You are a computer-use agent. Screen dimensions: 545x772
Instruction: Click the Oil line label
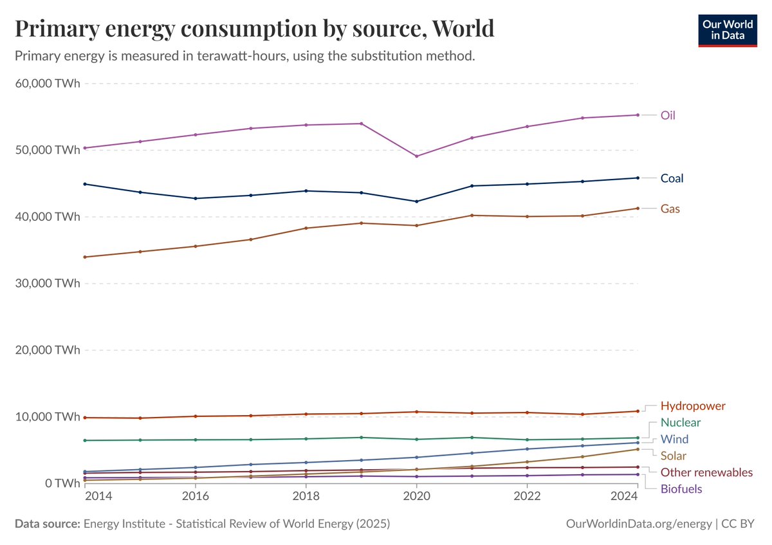pyautogui.click(x=668, y=115)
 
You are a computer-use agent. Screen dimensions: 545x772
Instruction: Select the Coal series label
pyautogui.click(x=672, y=178)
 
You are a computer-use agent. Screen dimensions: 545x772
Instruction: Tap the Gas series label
pyautogui.click(x=670, y=208)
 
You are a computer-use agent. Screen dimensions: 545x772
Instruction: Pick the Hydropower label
pyautogui.click(x=693, y=406)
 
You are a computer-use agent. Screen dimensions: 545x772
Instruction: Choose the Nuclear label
pyautogui.click(x=681, y=423)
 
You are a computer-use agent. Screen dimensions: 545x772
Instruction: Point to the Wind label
pyautogui.click(x=674, y=439)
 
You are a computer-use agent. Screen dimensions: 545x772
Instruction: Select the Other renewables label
pyautogui.click(x=706, y=472)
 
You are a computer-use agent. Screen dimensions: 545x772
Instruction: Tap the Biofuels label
pyautogui.click(x=681, y=489)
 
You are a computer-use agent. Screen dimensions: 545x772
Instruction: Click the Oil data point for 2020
pyautogui.click(x=416, y=156)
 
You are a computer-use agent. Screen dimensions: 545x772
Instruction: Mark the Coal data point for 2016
pyautogui.click(x=196, y=198)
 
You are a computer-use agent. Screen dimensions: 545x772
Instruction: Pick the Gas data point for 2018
pyautogui.click(x=306, y=228)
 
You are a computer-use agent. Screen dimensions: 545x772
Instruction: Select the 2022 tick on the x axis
pyautogui.click(x=527, y=497)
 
